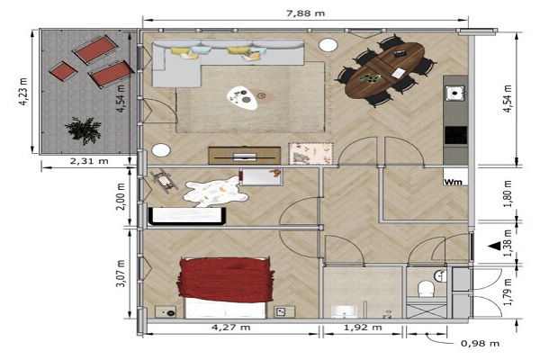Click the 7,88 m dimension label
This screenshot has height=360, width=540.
(x=305, y=13)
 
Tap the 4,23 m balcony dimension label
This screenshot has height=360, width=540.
(x=23, y=92)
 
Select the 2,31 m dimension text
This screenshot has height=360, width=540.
(x=89, y=161)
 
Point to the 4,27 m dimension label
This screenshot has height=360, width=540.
(x=230, y=328)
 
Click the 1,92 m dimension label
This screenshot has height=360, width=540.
(x=363, y=328)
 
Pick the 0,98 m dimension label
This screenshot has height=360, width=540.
(x=480, y=343)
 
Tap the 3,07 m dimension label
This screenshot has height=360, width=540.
(x=121, y=274)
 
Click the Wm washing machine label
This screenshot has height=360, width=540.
(x=453, y=182)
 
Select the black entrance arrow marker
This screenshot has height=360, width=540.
(x=495, y=246)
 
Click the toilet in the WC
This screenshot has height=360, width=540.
(x=426, y=288)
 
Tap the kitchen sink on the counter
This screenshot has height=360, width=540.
(x=454, y=93)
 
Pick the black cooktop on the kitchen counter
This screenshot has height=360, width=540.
(x=456, y=135)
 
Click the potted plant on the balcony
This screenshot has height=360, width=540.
(x=84, y=130)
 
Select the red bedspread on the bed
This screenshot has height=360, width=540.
(x=226, y=280)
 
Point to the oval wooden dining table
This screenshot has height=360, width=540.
(x=384, y=70)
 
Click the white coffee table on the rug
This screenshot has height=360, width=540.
(x=242, y=98)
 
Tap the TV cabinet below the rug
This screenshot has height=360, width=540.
(x=244, y=156)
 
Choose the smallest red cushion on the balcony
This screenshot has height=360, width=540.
(x=63, y=71)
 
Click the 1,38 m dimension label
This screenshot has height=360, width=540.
(x=508, y=243)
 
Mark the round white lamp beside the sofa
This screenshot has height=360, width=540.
(x=328, y=45)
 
